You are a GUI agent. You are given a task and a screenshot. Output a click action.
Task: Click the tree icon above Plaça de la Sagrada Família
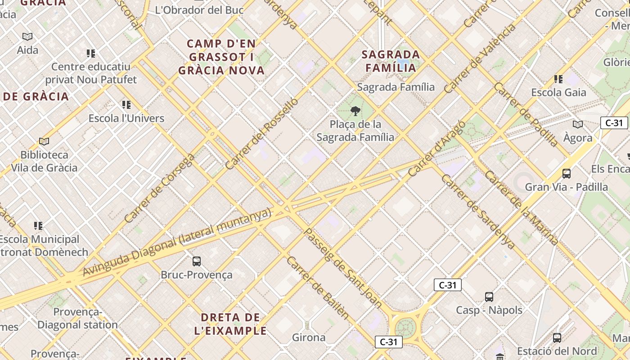(x=355, y=111)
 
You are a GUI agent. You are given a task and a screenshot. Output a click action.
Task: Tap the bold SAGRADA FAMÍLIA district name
(x=391, y=61)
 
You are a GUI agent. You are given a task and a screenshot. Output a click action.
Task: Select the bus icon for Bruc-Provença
(x=197, y=261)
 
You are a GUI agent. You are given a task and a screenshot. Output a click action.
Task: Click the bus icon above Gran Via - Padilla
(x=567, y=173)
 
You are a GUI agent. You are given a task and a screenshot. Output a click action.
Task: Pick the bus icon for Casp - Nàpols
(x=489, y=297)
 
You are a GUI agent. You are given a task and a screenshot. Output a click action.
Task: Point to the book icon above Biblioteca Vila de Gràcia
(x=44, y=142)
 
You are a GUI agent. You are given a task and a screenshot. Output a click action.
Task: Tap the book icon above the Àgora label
(x=578, y=124)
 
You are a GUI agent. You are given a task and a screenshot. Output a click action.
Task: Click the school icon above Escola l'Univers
(x=126, y=105)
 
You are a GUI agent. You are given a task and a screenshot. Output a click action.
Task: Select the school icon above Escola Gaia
(x=558, y=79)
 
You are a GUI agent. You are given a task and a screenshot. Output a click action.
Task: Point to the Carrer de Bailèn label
(x=318, y=288)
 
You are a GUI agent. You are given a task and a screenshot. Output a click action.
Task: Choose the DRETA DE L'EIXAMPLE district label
(x=230, y=324)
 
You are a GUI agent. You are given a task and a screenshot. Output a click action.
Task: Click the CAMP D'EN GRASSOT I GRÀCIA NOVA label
(x=221, y=57)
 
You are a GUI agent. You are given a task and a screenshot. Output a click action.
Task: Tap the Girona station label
(x=309, y=337)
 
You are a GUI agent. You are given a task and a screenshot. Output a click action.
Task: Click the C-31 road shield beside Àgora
(x=614, y=123)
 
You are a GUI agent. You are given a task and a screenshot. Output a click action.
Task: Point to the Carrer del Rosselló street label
(x=261, y=134)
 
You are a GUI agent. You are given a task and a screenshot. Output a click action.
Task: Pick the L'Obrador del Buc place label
(x=199, y=10)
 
